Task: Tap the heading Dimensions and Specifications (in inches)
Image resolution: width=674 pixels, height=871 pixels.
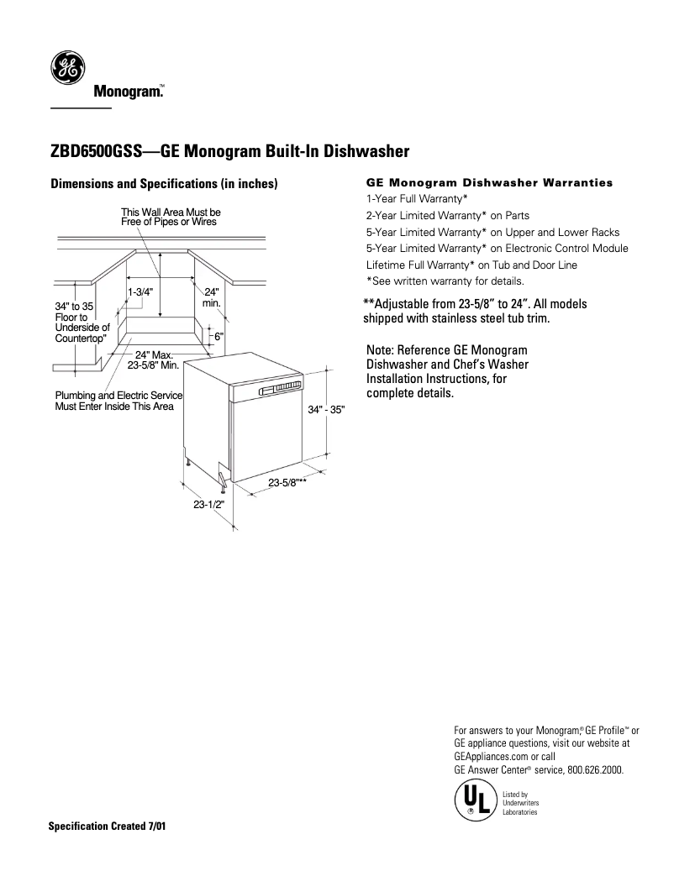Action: pos(164,184)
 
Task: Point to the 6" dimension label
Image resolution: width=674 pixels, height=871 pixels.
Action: pos(219,335)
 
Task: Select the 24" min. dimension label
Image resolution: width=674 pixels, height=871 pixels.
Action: pos(211,296)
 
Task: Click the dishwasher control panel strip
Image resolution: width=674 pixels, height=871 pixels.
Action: pos(277,387)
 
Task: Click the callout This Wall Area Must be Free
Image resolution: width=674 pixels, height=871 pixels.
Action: pos(171,217)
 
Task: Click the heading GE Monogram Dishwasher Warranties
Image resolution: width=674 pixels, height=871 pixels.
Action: pos(490,182)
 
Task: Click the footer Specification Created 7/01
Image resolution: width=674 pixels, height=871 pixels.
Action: pos(108,826)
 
